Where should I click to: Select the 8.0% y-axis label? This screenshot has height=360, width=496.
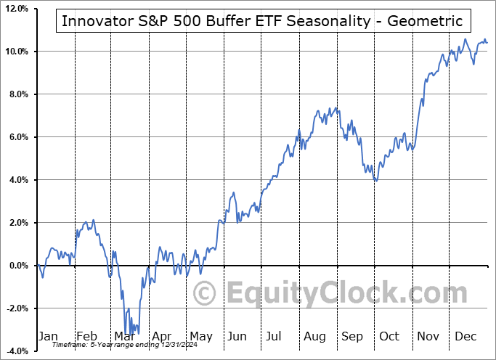(17, 94)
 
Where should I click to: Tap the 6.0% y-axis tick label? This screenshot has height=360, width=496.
(17, 137)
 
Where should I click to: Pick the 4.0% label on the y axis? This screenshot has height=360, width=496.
(17, 180)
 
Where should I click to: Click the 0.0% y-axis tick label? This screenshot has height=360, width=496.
(17, 266)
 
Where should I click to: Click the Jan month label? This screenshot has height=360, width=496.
(49, 336)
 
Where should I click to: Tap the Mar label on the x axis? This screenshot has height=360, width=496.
(124, 336)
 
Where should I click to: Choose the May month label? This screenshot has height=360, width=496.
(200, 336)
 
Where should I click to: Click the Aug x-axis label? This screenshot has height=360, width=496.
(314, 336)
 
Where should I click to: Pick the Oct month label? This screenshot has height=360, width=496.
(389, 336)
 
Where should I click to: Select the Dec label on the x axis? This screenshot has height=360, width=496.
(465, 336)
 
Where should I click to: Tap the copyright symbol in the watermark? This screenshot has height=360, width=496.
(205, 293)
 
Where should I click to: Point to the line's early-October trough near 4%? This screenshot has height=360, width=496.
(375, 181)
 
